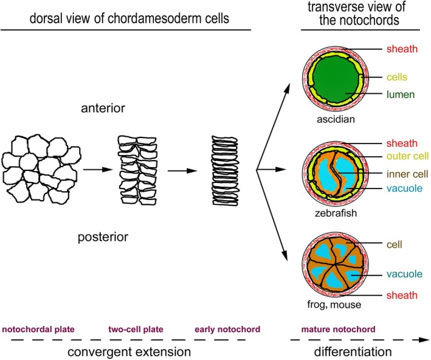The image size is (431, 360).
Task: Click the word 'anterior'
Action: pos(103,108)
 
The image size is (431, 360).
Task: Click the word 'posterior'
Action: pos(103,237)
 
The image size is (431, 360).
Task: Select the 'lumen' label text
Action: pos(401,94)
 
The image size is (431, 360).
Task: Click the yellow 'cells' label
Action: pos(397,77)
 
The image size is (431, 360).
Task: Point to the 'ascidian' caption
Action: pos(336,119)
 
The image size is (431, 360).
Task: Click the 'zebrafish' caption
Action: pos(336,213)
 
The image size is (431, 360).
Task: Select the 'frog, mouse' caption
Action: pos(334,305)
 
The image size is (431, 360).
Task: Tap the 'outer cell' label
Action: pos(408,156)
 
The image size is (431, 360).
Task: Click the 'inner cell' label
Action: pos(407,174)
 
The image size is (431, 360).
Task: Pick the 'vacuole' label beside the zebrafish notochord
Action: pos(404,189)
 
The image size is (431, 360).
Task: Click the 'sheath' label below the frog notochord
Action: pos(402,295)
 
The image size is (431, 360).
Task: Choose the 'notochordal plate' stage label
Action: pos(38,329)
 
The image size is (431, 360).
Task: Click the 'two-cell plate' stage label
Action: pos(136,329)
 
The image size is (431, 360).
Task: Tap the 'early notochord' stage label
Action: pos(227,329)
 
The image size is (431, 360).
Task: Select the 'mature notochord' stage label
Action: pos(338,329)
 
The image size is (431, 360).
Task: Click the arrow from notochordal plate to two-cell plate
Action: pos(98,170)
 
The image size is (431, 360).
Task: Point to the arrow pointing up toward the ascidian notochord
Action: pos(273,126)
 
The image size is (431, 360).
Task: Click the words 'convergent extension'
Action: pos(129,351)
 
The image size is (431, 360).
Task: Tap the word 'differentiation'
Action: pos(353,351)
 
